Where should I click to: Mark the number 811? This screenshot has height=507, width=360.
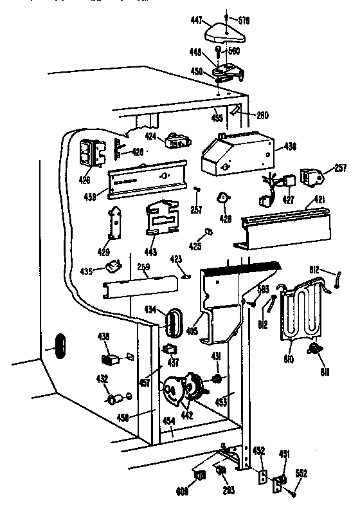pyautogui.click(x=314, y=372)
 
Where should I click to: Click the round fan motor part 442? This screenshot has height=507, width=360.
pyautogui.click(x=181, y=388)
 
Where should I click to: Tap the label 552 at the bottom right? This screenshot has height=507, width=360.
pyautogui.click(x=302, y=474)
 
